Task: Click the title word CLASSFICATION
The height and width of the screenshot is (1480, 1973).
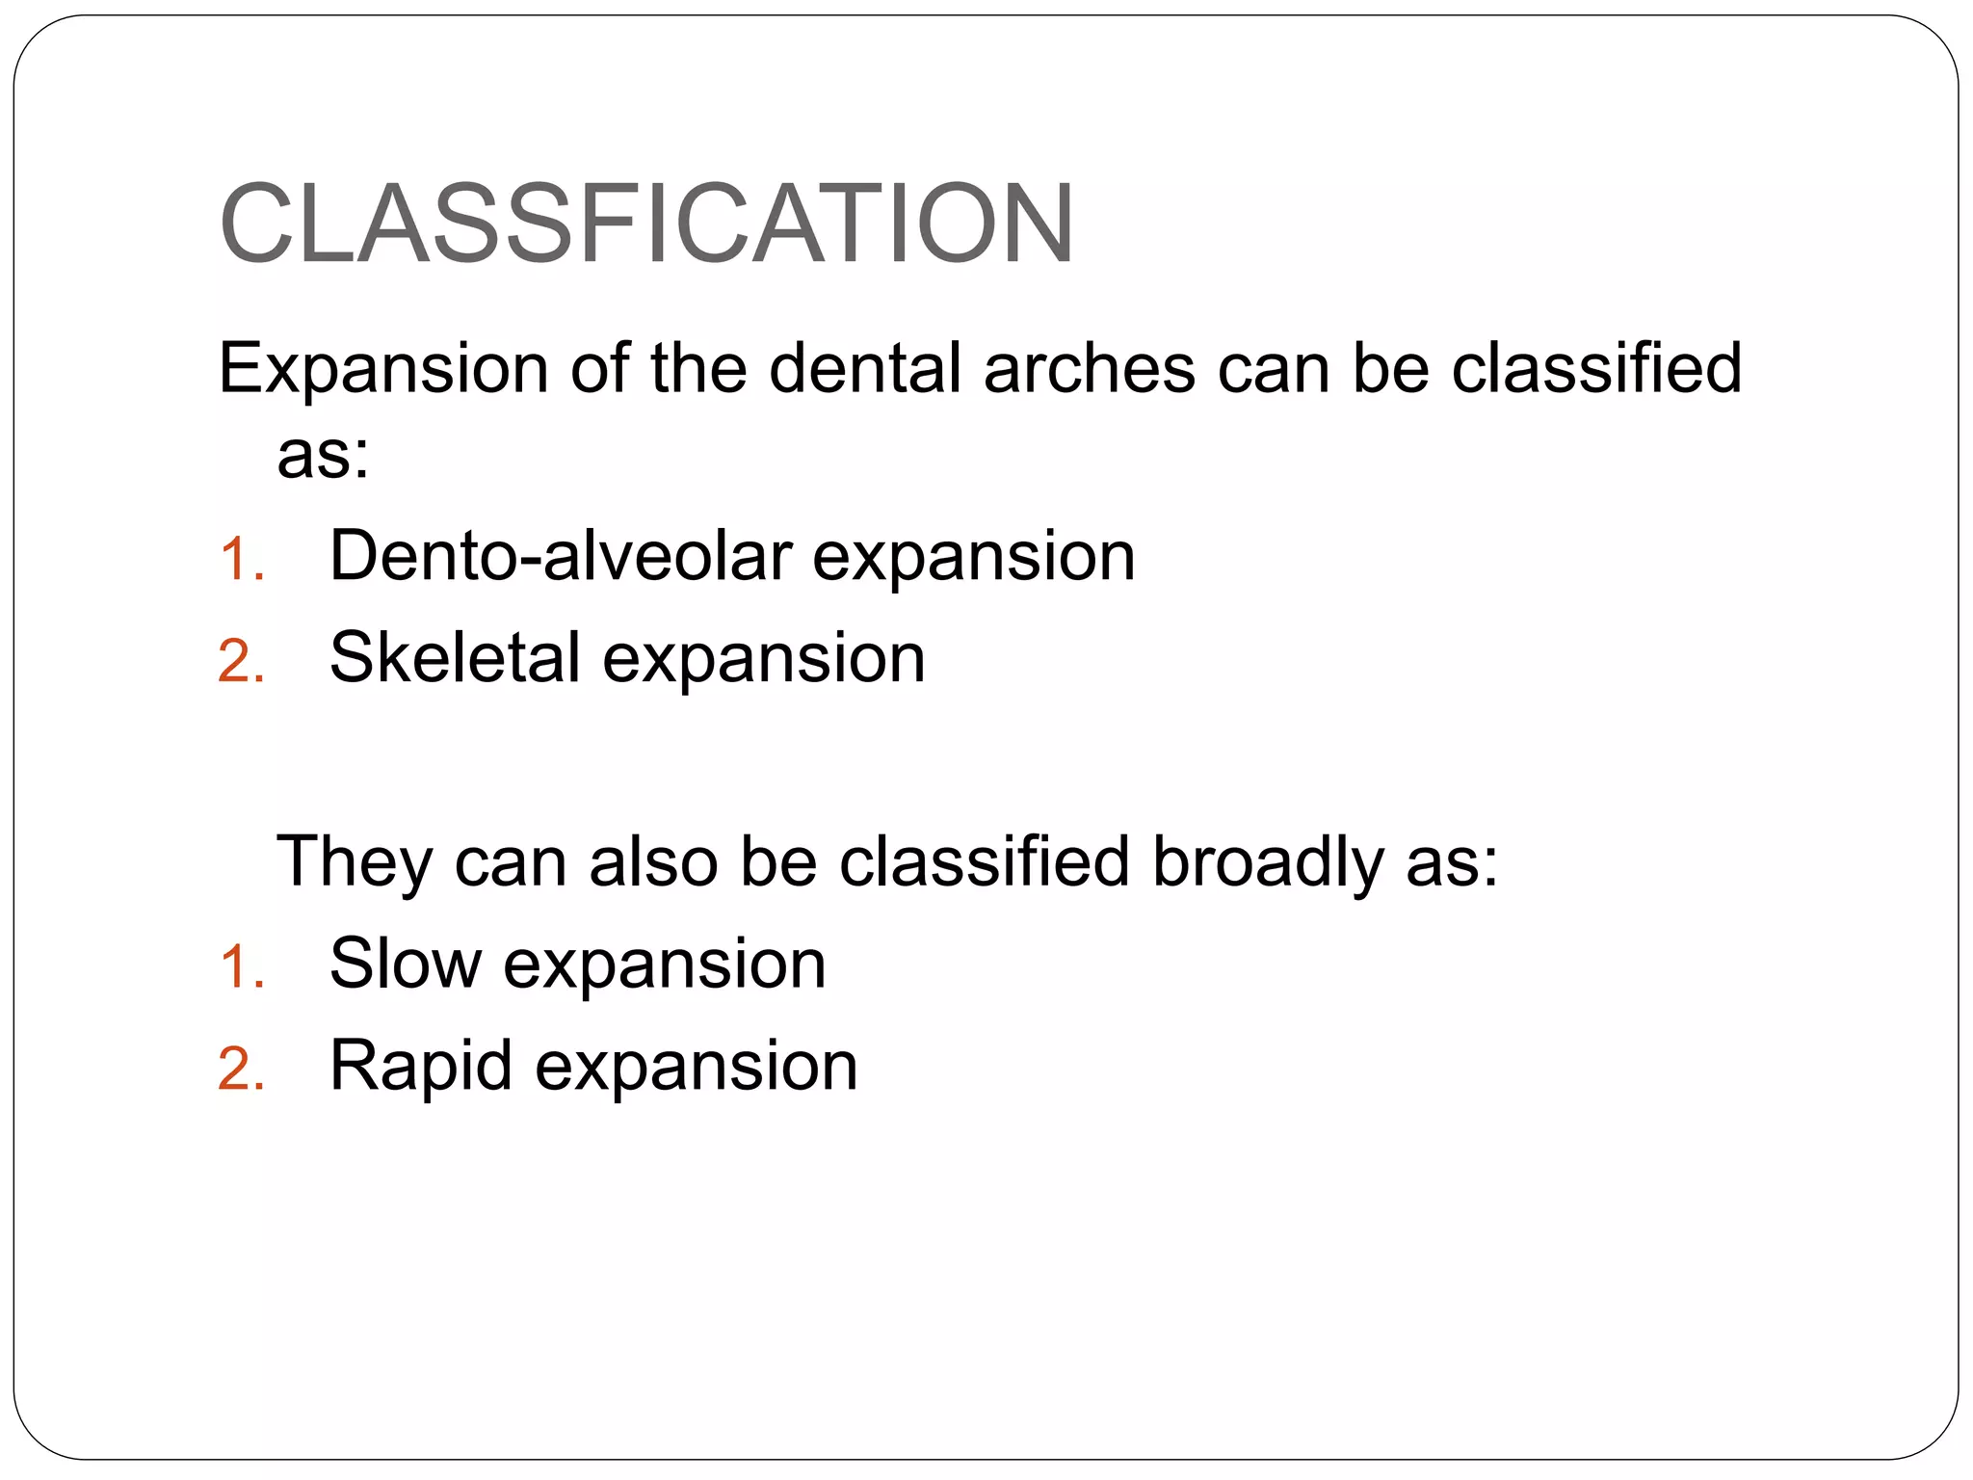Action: pos(645,224)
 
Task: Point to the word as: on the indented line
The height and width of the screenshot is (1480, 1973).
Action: pos(323,453)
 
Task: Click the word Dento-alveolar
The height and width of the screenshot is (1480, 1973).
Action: pos(560,556)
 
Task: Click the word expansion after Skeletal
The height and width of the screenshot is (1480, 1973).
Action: pos(763,659)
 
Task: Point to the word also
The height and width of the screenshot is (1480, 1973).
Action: pos(652,860)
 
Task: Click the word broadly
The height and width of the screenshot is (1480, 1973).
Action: pos(1267,861)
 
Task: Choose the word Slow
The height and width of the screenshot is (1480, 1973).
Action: pos(405,963)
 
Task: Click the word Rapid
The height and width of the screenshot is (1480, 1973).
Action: pos(420,1065)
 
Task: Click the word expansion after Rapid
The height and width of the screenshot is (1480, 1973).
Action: pos(696,1067)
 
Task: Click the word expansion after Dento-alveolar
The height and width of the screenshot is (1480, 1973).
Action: pos(973,558)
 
